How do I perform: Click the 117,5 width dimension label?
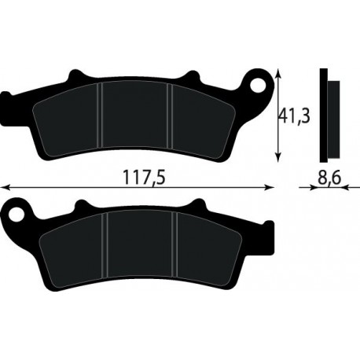[x=144, y=177]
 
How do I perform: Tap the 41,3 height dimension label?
[x=294, y=116]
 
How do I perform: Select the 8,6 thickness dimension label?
[x=329, y=178]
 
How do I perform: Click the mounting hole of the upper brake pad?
[x=258, y=85]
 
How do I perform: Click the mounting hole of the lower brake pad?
[x=17, y=215]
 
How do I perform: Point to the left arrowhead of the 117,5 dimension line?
[x=5, y=187]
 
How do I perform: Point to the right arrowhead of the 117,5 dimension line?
[x=269, y=187]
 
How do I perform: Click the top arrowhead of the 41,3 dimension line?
[x=279, y=74]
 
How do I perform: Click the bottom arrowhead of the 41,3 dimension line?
[x=279, y=156]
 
